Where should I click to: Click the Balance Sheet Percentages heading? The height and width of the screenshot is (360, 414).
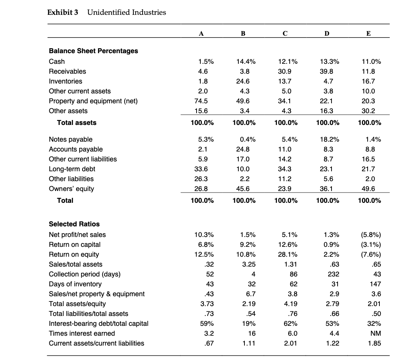pos(94,51)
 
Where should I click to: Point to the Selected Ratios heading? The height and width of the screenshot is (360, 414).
pos(75,224)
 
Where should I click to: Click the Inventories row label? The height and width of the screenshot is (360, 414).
pos(65,81)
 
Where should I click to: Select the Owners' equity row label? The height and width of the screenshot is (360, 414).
pos(71,189)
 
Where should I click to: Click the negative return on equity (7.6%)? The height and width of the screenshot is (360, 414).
pos(371,254)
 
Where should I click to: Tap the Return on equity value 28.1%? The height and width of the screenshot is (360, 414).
pos(288,254)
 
